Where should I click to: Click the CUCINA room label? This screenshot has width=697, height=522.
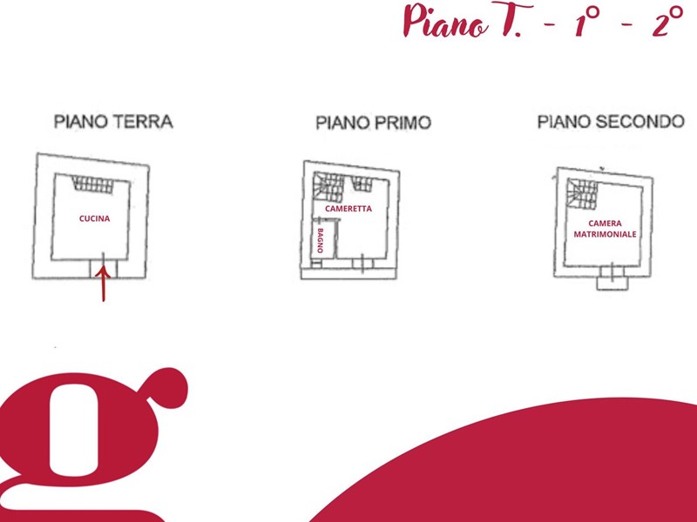pos(94,218)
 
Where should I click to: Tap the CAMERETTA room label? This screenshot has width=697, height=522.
pos(348,209)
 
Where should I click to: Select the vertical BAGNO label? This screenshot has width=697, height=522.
pos(320,241)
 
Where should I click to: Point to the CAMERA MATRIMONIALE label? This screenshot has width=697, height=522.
pos(605,229)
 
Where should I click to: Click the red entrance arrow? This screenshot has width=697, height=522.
pos(103,284)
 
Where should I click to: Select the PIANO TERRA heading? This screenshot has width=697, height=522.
pos(113,122)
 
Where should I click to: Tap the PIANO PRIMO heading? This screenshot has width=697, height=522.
pos(374,123)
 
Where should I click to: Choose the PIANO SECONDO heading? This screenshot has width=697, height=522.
pos(612,122)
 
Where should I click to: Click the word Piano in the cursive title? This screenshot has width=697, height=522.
pos(446,21)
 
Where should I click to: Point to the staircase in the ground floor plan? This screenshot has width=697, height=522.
pos(93,184)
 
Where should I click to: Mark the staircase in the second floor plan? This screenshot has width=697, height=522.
pos(582,193)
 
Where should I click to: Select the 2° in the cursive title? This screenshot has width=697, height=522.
pos(667,21)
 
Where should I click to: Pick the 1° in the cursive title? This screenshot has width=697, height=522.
pos(586,21)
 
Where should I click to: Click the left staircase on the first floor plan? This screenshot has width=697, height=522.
pos(328,187)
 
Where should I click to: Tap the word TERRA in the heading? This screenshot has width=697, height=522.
pos(143,122)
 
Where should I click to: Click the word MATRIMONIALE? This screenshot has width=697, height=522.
pos(605,234)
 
